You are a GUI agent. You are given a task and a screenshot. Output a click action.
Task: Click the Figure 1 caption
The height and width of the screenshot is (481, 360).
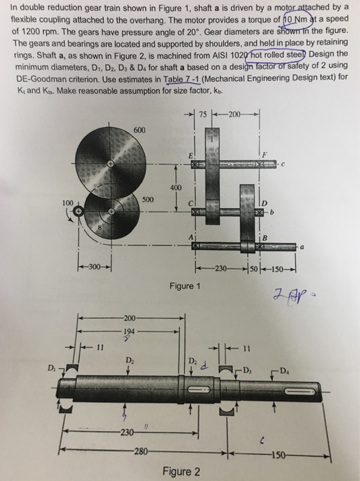click(183, 284)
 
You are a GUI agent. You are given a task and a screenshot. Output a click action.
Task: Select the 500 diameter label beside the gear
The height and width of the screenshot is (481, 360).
click(147, 199)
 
